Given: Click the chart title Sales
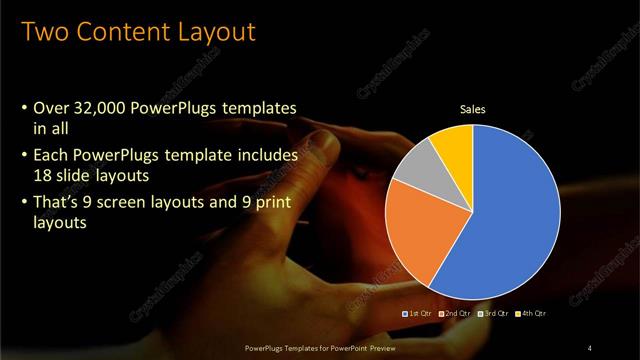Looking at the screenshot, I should pos(472,109).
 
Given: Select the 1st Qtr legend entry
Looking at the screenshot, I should pos(417,314).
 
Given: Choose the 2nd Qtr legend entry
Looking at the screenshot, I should pos(454,314).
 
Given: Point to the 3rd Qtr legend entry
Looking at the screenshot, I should pos(493,314).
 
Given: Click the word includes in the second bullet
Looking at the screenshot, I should pos(261,156).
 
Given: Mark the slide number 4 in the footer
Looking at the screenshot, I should pos(591,347).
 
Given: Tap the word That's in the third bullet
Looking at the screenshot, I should pos(59,205).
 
